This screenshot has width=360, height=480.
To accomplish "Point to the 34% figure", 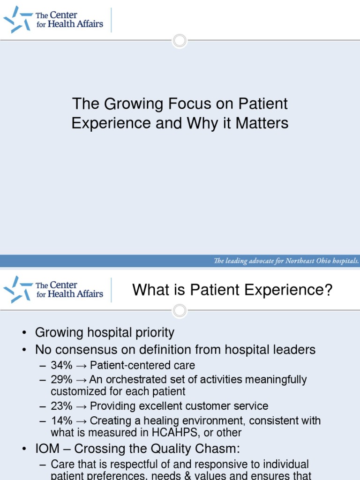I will click(x=62, y=365).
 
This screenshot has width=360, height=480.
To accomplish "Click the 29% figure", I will click(x=62, y=379).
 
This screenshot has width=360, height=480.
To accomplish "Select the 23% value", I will click(x=62, y=406).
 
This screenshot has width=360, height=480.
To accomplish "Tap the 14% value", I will click(x=62, y=420).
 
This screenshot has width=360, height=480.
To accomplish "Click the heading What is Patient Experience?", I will click(x=232, y=290).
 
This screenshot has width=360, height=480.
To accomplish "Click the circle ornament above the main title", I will click(x=180, y=40).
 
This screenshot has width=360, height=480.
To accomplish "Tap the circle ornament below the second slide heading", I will click(x=180, y=310).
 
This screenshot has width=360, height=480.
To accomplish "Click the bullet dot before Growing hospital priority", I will click(x=23, y=334).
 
